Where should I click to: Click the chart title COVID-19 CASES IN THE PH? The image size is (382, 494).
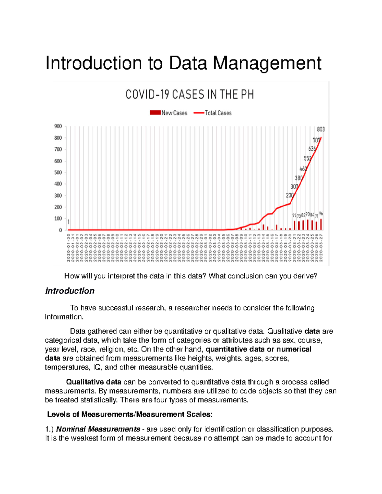[190, 95]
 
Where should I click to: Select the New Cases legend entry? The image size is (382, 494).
[169, 113]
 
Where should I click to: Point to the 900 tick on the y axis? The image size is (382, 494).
[58, 126]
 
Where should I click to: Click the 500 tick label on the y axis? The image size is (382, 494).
[58, 172]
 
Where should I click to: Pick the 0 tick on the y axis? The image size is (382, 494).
[60, 230]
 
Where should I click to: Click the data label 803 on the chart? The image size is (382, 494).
[321, 129]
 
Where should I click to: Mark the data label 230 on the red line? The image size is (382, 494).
[289, 195]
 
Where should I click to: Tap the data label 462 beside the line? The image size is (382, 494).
[303, 169]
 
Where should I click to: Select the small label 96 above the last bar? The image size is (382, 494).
[321, 214]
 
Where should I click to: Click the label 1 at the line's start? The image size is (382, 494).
[68, 222]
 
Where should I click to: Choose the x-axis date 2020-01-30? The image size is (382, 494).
[68, 247]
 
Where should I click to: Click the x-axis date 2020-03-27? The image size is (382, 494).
[321, 247]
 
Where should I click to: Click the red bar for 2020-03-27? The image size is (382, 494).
[321, 224]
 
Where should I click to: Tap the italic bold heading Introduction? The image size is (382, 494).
[70, 291]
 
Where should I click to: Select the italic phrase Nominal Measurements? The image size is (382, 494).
[98, 429]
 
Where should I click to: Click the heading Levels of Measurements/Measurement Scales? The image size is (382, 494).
[130, 414]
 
